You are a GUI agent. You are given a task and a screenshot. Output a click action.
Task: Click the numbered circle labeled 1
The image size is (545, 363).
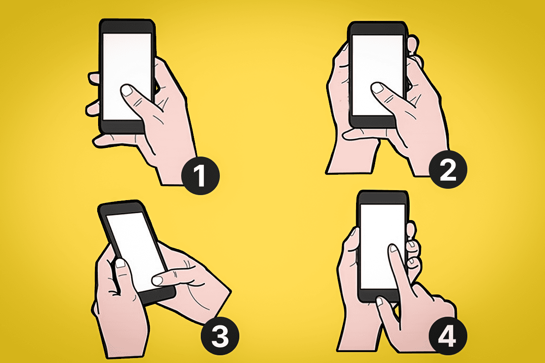200,176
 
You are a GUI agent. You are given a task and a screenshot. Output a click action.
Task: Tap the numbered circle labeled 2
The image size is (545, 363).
448,169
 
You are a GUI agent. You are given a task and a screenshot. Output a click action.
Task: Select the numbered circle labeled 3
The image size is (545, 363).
220,336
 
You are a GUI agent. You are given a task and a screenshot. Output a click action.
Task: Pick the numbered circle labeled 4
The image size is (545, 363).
448,336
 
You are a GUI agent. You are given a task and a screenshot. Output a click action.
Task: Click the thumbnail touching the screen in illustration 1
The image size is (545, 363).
127,90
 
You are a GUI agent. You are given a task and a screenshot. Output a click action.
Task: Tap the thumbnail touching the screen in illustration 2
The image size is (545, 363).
377,88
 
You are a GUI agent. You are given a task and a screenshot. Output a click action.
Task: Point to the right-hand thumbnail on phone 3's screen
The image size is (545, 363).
158,281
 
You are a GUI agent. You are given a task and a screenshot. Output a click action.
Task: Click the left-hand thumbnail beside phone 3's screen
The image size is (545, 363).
120,264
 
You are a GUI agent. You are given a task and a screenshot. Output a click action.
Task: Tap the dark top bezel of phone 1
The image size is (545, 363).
127,27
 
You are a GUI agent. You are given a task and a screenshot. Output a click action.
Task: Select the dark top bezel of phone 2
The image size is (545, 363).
377,29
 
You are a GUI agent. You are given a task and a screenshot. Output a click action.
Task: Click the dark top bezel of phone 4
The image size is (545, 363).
382,198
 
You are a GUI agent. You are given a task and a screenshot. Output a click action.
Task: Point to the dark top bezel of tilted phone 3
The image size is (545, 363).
121,209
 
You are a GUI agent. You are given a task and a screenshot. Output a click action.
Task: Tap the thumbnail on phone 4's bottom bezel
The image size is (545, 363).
380,301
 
